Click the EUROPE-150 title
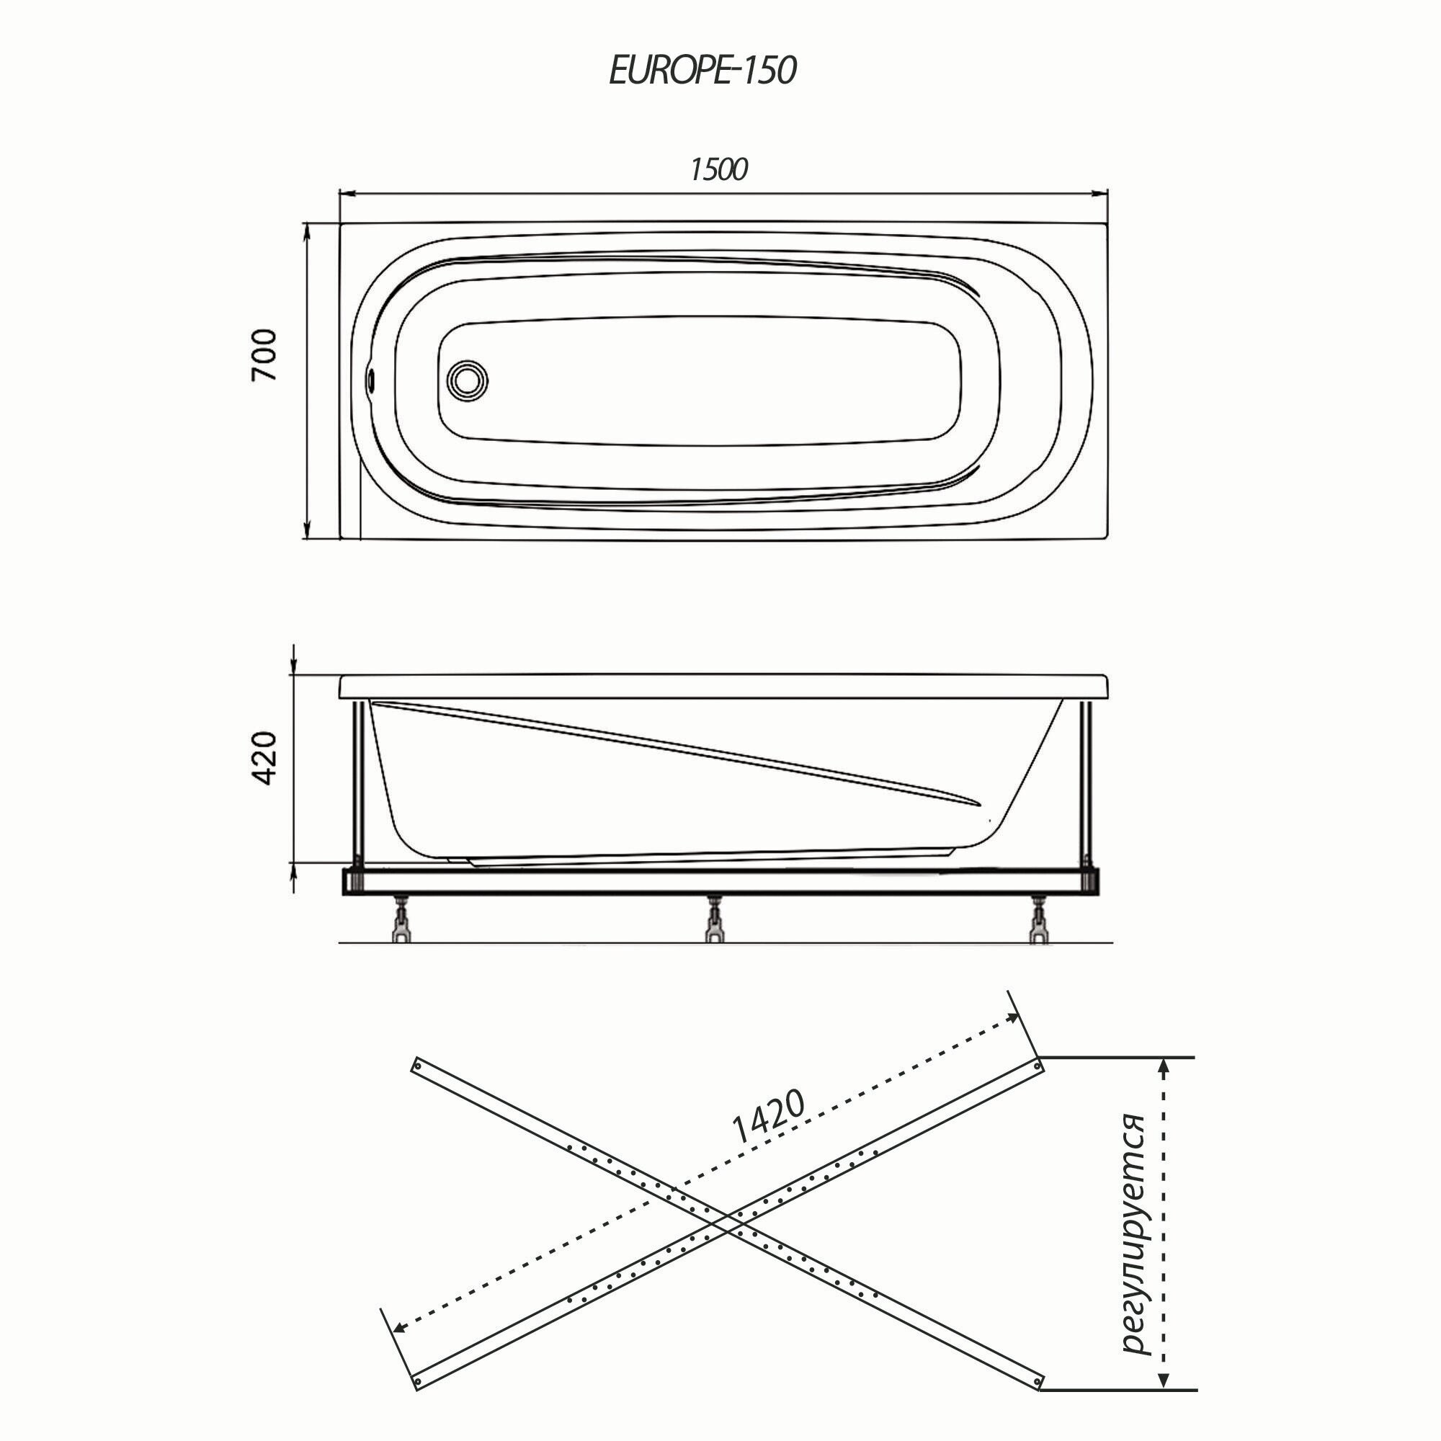click(x=702, y=71)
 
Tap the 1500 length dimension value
click(x=718, y=171)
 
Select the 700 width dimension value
click(x=264, y=355)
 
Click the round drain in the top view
click(x=468, y=380)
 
